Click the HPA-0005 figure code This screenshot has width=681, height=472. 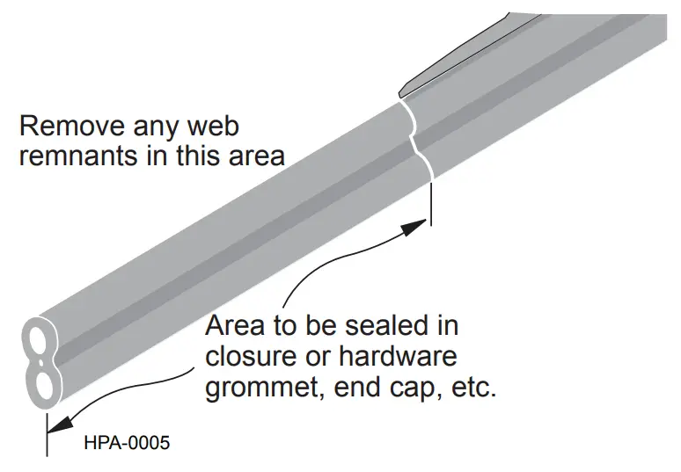(x=126, y=442)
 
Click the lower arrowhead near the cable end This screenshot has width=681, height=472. (x=57, y=424)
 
